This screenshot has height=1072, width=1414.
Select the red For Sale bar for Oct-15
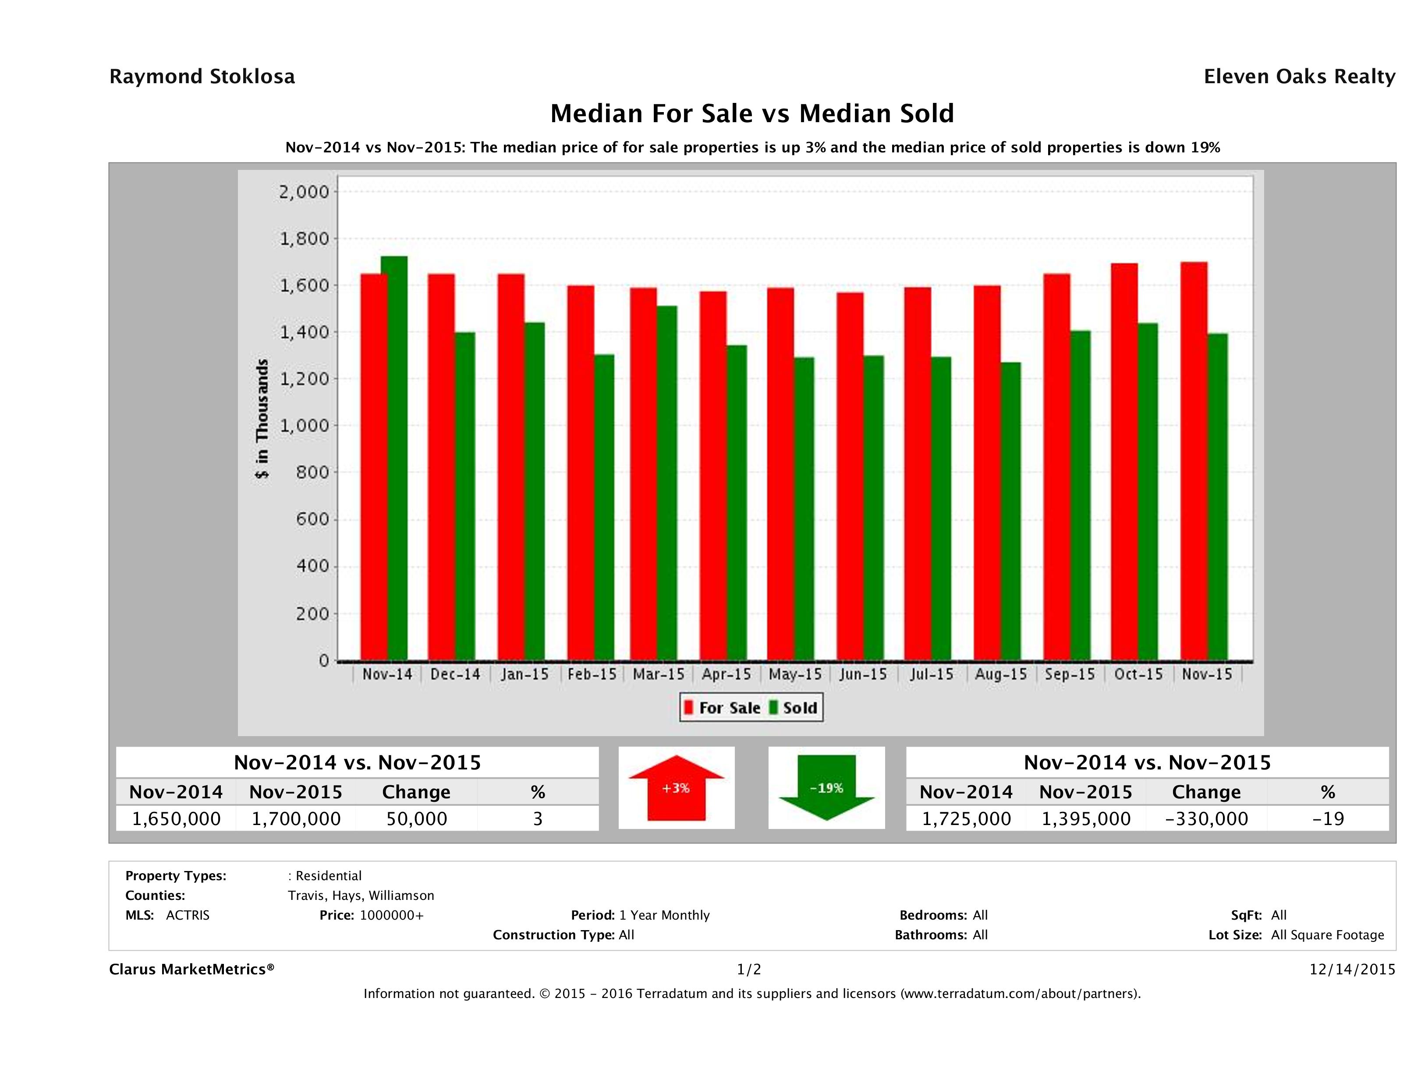[x=1124, y=461]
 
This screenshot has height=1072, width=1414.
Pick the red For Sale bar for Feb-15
[x=581, y=473]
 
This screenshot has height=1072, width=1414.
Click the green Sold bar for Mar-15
[x=667, y=483]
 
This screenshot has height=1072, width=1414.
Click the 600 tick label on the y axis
[x=312, y=519]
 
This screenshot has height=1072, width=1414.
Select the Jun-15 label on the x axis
[x=863, y=675]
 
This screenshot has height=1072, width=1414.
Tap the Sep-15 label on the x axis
[x=1070, y=675]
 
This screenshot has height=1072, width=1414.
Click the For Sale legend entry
[x=723, y=708]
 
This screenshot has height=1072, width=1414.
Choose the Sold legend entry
[x=793, y=708]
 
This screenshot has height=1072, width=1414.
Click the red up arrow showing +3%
[x=676, y=788]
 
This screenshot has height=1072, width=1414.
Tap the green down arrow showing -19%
[x=826, y=788]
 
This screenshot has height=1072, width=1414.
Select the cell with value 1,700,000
[x=296, y=819]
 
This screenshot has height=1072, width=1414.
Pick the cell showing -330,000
[x=1206, y=819]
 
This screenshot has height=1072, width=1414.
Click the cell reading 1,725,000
[x=966, y=819]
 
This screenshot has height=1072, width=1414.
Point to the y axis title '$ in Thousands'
[x=262, y=419]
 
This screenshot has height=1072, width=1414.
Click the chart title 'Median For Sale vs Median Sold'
[x=752, y=114]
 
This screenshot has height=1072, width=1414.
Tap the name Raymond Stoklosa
[x=202, y=77]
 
